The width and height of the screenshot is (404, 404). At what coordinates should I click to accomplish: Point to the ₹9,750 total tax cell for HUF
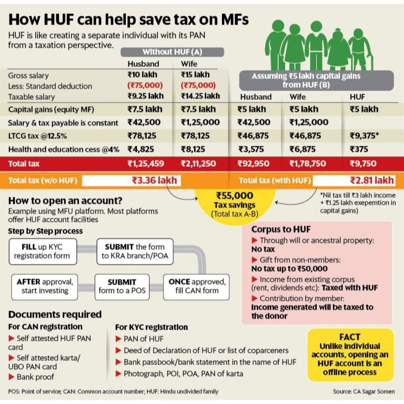point(363,164)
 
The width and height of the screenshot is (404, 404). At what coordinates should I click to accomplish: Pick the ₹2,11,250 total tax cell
point(198,164)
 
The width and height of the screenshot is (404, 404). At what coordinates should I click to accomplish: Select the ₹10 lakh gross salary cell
point(143,75)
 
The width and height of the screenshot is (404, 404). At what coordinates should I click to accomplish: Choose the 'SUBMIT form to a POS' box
point(122,287)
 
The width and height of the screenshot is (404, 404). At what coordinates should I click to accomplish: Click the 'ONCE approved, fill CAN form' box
point(197,287)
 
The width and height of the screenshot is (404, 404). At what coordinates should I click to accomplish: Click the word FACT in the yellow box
point(350,337)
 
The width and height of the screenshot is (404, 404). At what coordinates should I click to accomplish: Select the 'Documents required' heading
point(55,315)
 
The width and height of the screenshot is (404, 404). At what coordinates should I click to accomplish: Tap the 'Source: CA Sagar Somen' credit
point(363,392)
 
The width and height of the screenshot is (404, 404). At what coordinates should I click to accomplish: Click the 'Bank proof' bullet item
point(36,377)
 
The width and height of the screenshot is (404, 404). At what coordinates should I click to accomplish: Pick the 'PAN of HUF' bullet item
point(144,339)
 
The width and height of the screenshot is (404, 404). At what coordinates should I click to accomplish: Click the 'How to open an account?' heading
point(66,200)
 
